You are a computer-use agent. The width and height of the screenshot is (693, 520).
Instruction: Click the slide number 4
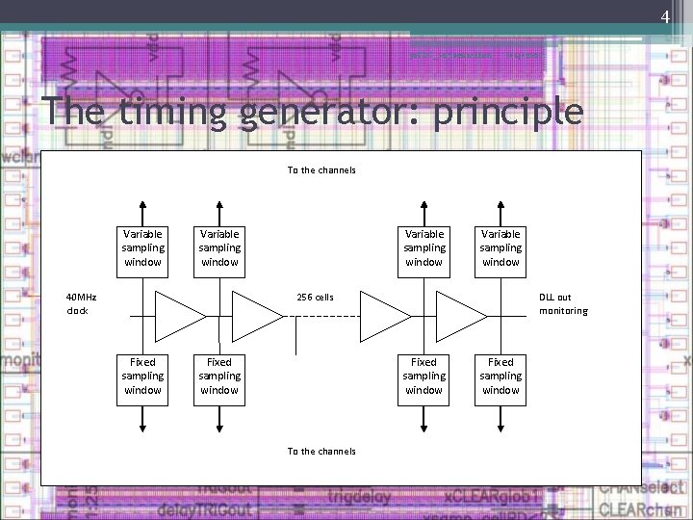pyautogui.click(x=664, y=16)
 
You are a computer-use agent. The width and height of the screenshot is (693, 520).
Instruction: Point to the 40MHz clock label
pyautogui.click(x=81, y=304)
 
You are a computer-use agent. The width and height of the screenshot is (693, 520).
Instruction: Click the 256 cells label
pyautogui.click(x=315, y=298)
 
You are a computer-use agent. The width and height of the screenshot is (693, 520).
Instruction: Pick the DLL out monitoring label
pyautogui.click(x=563, y=304)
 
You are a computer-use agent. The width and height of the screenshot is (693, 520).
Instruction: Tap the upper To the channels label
pyautogui.click(x=321, y=170)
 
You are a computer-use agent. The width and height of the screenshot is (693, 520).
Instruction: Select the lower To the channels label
pyautogui.click(x=321, y=451)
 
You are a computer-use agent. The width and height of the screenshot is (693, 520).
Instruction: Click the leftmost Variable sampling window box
pyautogui.click(x=142, y=247)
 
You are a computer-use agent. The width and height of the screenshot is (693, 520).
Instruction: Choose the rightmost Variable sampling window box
pyautogui.click(x=500, y=247)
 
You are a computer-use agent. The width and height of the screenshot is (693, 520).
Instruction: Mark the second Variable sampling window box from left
pyautogui.click(x=219, y=247)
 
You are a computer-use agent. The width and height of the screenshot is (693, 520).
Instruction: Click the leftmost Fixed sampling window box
pyautogui.click(x=142, y=377)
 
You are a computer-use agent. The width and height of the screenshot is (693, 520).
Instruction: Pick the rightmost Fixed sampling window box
pyautogui.click(x=500, y=377)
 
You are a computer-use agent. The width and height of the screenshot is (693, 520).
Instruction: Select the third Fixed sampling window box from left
pyautogui.click(x=423, y=377)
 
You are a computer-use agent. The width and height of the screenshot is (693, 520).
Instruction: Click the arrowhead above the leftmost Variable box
pyautogui.click(x=142, y=204)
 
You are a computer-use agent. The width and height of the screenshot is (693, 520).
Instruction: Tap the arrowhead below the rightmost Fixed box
pyautogui.click(x=500, y=425)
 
